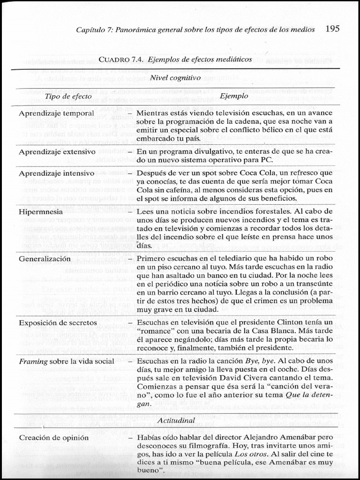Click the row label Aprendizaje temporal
[56, 113]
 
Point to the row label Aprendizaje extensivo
[57, 152]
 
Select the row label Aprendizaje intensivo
[57, 173]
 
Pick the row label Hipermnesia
[41, 212]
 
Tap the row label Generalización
[45, 259]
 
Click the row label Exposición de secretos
[58, 322]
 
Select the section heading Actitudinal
[176, 420]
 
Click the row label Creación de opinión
[53, 438]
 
